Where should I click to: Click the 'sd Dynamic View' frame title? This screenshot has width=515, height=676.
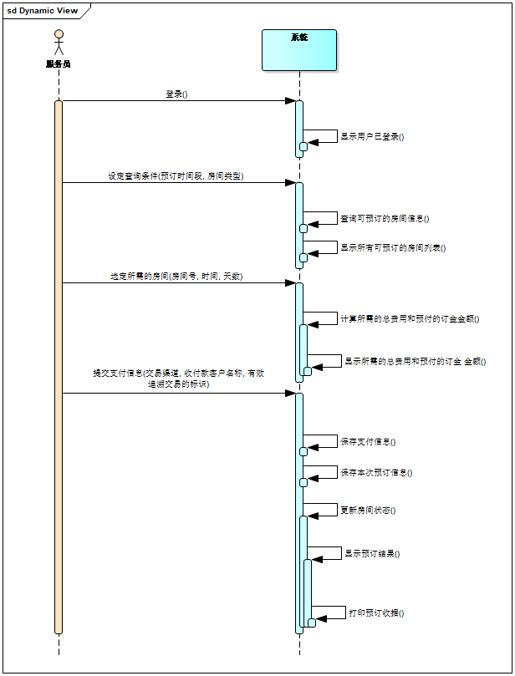coord(43,11)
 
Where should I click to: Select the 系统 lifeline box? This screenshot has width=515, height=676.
coord(299,51)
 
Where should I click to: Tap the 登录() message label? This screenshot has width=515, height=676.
coord(176,94)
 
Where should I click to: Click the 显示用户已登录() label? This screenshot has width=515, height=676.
coord(372,136)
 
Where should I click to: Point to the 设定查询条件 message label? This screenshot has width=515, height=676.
coord(176,176)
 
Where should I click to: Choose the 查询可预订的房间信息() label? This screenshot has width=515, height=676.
coord(385,218)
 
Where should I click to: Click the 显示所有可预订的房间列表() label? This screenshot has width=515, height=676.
coord(393,247)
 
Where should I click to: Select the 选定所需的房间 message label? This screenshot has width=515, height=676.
coord(176,276)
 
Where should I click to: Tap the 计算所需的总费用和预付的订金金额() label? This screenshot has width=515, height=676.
coord(410,318)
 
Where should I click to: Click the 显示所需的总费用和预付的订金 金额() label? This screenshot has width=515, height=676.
coord(416,361)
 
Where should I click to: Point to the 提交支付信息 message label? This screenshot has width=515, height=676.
coord(178,379)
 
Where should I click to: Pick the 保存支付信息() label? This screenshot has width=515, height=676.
coord(368,441)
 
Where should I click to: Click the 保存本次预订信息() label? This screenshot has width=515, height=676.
coord(376,472)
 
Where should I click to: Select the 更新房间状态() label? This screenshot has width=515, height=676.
coord(368,510)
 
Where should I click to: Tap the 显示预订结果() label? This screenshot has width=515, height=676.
coord(372,553)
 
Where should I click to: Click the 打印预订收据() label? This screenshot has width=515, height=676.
coord(376,612)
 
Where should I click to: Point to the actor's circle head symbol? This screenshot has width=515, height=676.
coord(59,34)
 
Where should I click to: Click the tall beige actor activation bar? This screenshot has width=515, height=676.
coord(59,368)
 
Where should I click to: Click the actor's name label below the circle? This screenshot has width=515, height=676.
coord(59,64)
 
